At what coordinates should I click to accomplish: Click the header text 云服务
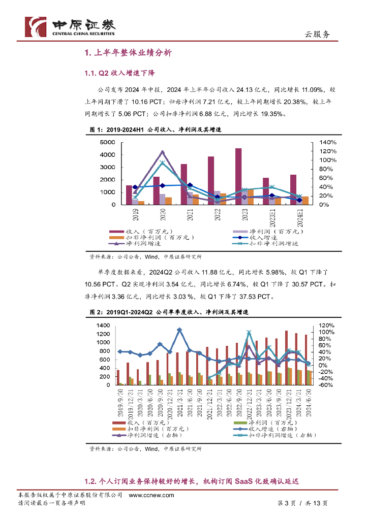click(317, 35)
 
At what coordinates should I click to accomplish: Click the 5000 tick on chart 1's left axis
click(109, 142)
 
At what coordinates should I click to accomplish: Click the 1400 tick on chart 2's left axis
click(103, 326)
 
